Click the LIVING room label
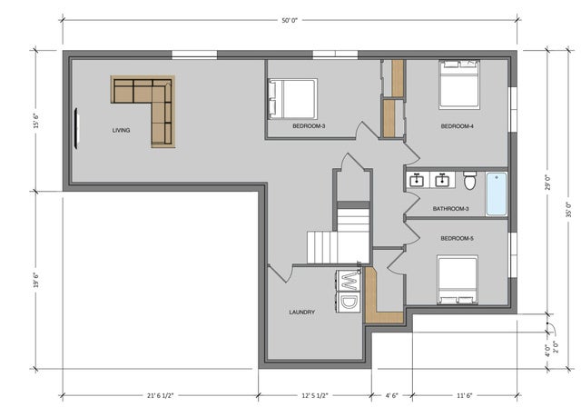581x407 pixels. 121,130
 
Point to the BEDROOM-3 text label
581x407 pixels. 310,126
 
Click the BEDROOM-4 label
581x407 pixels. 457,126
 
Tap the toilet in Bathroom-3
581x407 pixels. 470,181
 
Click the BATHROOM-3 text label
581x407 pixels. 450,209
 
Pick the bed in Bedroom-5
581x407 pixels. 458,279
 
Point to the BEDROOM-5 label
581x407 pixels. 457,238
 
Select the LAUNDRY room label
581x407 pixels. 302,312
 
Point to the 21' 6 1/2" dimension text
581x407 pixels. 162,395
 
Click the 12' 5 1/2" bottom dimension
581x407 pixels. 313,395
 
